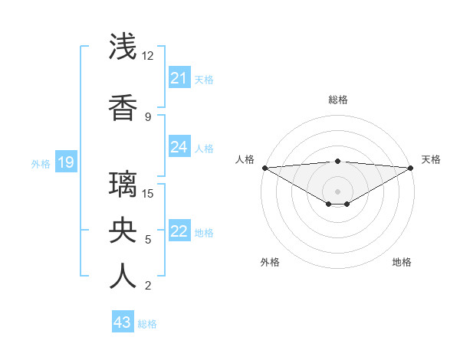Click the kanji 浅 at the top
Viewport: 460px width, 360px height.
tap(123, 47)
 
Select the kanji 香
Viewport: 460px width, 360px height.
tap(123, 108)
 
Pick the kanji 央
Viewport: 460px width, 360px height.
tap(123, 231)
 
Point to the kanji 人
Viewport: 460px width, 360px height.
tap(123, 277)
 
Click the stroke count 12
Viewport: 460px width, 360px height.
tap(148, 56)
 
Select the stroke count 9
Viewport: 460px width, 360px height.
tap(148, 116)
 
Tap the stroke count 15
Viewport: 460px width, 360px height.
tap(148, 193)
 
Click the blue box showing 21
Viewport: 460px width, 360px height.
tap(179, 78)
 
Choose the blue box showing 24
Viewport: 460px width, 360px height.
tap(179, 147)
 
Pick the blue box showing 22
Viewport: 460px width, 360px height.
tap(179, 231)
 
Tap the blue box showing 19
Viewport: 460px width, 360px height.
tap(65, 162)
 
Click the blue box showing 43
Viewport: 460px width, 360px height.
tap(122, 322)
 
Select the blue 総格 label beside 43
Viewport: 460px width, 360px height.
tap(147, 324)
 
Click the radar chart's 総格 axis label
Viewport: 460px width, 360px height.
tap(337, 100)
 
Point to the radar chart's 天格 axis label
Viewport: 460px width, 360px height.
tap(431, 159)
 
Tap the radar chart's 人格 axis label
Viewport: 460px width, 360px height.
tap(245, 159)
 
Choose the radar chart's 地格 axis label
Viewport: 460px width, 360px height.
tap(402, 262)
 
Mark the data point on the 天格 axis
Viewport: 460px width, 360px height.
tap(410, 168)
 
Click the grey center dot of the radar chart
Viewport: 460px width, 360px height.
tap(337, 191)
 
